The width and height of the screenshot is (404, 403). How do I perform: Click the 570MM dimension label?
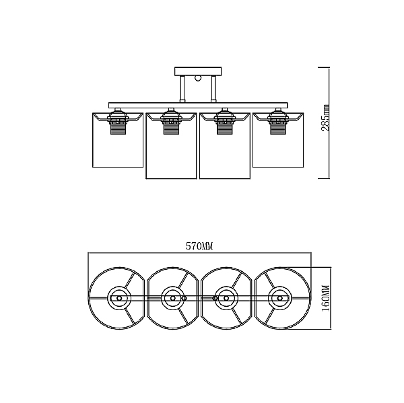click(x=199, y=246)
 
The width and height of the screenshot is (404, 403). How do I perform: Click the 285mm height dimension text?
click(x=325, y=118)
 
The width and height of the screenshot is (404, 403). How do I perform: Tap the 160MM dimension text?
click(x=326, y=298)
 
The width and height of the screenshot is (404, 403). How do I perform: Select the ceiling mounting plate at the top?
click(x=198, y=71)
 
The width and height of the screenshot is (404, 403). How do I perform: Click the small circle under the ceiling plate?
click(x=198, y=78)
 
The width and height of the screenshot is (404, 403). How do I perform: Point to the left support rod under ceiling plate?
click(x=182, y=88)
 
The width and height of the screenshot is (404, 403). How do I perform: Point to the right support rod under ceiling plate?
click(x=213, y=88)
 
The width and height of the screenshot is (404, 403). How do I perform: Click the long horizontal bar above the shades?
click(x=198, y=105)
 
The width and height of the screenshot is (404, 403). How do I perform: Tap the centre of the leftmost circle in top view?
click(x=119, y=298)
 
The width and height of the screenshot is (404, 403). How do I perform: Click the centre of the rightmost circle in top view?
click(x=279, y=298)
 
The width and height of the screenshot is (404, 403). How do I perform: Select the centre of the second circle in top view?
click(x=172, y=298)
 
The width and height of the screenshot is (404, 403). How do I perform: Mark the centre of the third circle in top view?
click(x=226, y=298)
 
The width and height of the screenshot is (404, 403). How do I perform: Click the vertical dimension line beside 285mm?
click(x=329, y=123)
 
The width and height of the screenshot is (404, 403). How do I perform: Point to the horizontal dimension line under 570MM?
click(x=200, y=253)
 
